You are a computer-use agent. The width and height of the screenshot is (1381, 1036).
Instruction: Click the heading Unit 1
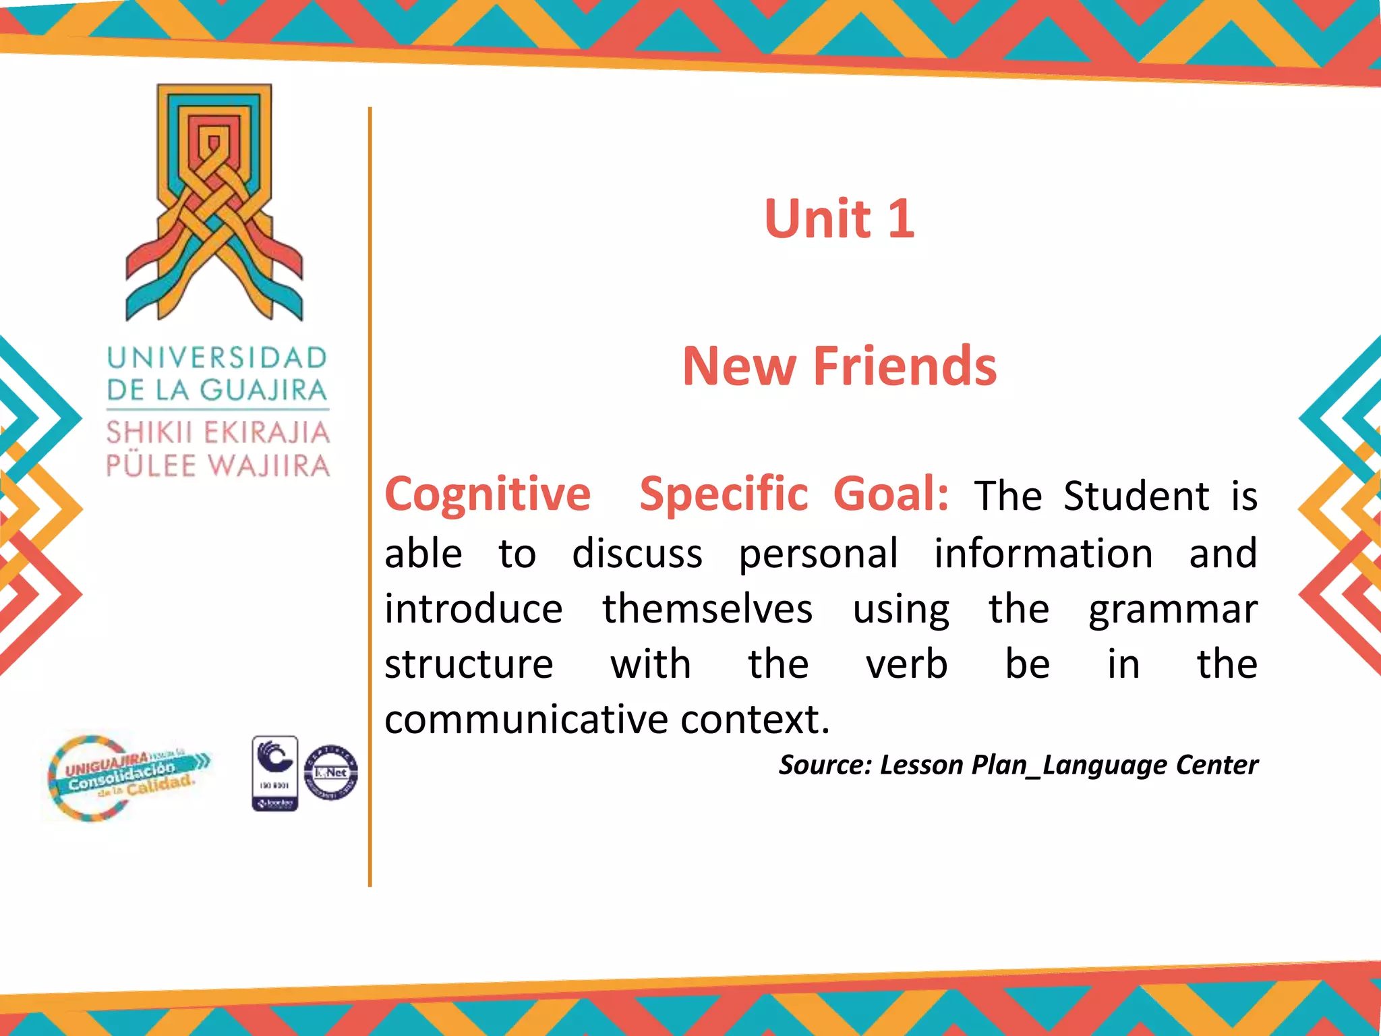click(839, 219)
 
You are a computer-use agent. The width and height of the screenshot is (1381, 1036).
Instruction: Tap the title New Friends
click(839, 366)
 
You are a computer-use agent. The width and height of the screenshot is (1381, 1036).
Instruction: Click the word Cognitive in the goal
click(488, 494)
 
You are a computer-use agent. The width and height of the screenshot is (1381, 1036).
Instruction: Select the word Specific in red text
click(724, 494)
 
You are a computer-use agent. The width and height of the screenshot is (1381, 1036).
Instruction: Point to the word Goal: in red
click(891, 494)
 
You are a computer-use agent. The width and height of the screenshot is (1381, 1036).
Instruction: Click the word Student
click(1136, 496)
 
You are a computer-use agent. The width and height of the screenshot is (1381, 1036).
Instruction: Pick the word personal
click(818, 554)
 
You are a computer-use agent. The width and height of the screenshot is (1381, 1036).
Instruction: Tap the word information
click(1043, 554)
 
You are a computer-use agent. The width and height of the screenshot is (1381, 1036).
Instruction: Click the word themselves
click(707, 610)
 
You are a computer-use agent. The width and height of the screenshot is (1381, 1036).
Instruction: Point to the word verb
click(906, 665)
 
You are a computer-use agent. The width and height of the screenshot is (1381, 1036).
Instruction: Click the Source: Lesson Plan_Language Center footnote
click(1018, 765)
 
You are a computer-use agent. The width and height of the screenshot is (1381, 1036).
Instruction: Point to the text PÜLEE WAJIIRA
click(218, 466)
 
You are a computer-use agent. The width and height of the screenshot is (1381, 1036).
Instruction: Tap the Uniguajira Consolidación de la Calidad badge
click(128, 778)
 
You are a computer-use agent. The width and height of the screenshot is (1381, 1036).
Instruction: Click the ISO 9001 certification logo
click(274, 773)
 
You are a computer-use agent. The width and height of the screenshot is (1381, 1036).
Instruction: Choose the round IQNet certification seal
click(331, 773)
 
